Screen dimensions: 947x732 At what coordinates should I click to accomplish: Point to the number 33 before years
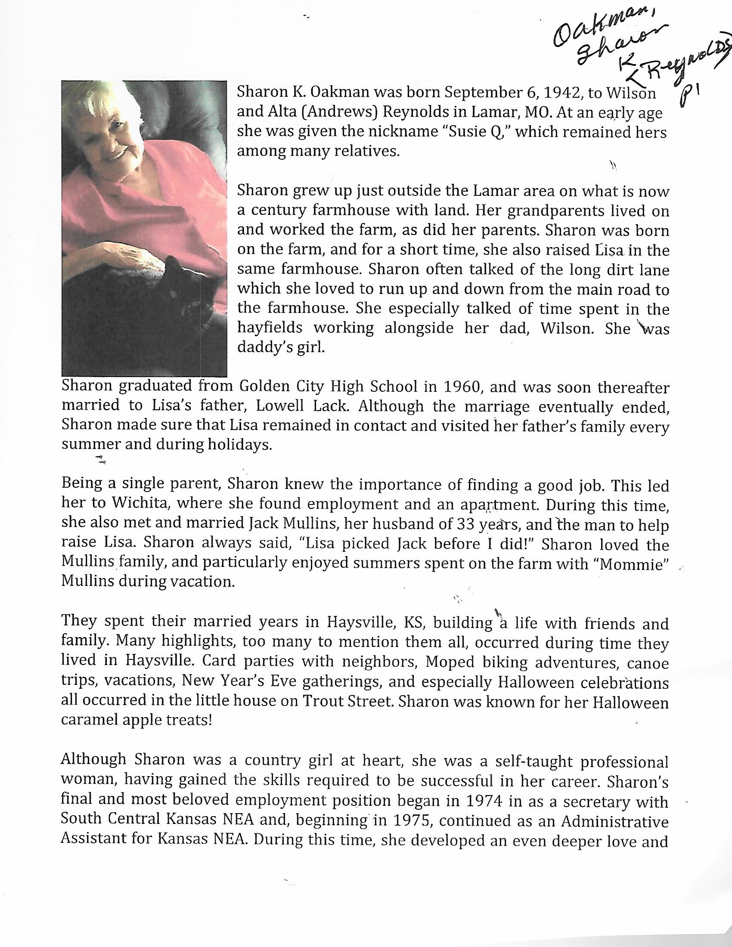click(466, 524)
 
